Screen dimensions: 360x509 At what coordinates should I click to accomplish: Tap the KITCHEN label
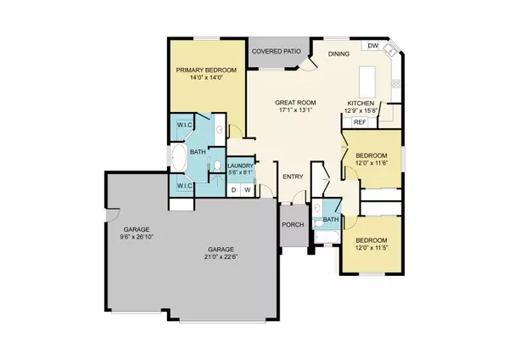point(361,102)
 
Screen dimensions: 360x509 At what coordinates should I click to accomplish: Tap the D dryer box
point(234,189)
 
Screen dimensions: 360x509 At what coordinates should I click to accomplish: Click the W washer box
point(247,189)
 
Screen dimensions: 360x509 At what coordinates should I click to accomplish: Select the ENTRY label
point(294,177)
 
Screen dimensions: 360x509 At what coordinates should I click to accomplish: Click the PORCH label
point(294,225)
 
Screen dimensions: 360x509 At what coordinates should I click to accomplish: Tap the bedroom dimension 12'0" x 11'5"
point(372,247)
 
